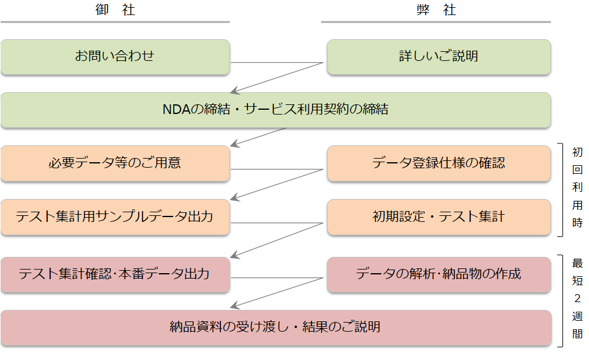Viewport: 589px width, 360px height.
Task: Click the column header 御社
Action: (x=115, y=11)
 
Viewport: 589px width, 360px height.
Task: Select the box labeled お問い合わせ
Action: (x=115, y=57)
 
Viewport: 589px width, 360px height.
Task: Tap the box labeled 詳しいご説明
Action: (x=439, y=57)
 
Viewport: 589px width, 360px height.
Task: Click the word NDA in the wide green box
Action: (x=176, y=110)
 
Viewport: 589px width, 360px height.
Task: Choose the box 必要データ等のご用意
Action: (x=115, y=163)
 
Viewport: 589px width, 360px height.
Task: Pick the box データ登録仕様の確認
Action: (x=439, y=163)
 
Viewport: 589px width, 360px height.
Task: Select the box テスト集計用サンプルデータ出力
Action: (x=115, y=216)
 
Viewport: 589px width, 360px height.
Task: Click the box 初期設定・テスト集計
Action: (x=439, y=216)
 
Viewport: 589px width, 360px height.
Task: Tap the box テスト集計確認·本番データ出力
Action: (x=115, y=274)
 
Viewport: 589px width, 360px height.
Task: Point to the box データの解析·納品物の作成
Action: (x=439, y=274)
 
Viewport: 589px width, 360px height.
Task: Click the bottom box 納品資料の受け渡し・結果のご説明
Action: (x=276, y=327)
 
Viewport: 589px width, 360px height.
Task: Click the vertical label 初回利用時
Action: (x=578, y=187)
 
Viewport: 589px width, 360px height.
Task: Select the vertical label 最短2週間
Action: (x=578, y=298)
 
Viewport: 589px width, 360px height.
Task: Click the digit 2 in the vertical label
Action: (x=578, y=298)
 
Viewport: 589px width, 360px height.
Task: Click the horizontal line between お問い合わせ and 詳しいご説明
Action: (x=278, y=62)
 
